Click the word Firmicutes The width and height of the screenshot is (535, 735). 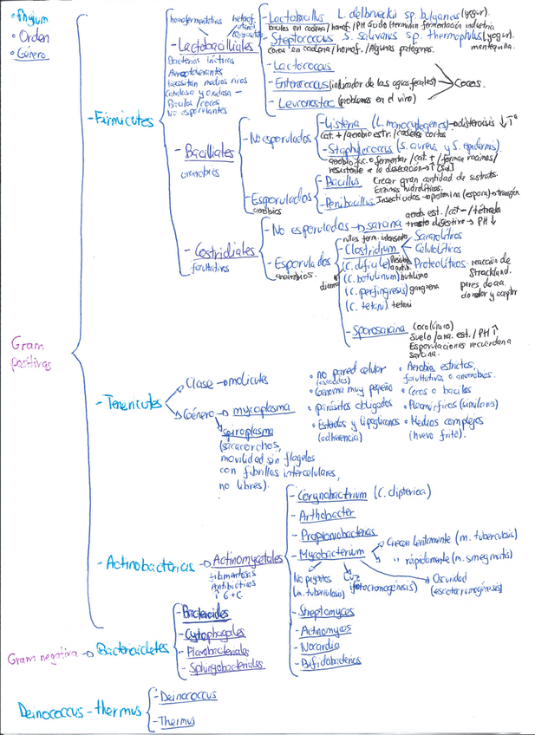[121, 121]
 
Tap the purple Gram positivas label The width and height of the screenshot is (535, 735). [30, 354]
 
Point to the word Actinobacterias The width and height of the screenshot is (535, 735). [147, 566]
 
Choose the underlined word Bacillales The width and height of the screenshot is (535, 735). [210, 153]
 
